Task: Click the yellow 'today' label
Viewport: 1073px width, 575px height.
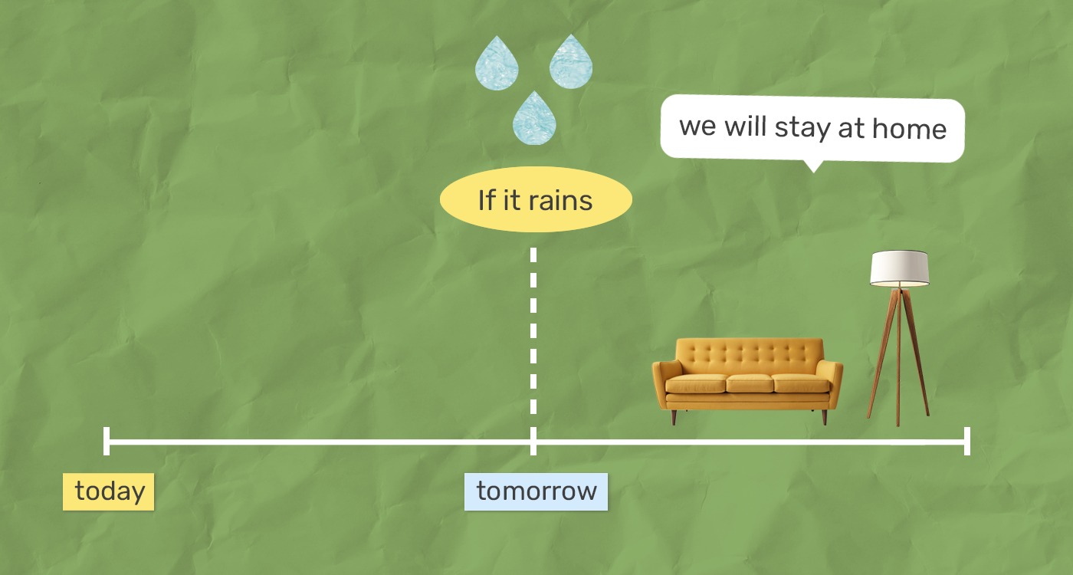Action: click(108, 491)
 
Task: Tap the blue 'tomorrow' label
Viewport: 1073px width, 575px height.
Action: click(536, 491)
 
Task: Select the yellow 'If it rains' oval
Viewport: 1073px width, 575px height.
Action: click(536, 199)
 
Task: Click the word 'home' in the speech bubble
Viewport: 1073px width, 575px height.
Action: click(909, 129)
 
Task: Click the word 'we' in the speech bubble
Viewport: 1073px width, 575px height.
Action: click(697, 127)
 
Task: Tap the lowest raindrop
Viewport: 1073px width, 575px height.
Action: click(535, 118)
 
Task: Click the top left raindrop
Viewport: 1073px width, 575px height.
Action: click(497, 63)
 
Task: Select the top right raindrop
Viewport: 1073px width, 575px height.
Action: click(571, 61)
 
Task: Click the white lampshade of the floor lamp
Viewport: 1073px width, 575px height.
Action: click(900, 269)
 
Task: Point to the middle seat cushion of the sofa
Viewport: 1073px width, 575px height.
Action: click(750, 383)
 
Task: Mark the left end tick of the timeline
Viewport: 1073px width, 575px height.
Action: click(107, 441)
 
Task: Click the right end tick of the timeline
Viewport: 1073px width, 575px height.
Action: click(967, 441)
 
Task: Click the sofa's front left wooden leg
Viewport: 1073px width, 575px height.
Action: click(674, 417)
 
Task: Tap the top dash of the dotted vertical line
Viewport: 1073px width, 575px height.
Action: click(533, 255)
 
